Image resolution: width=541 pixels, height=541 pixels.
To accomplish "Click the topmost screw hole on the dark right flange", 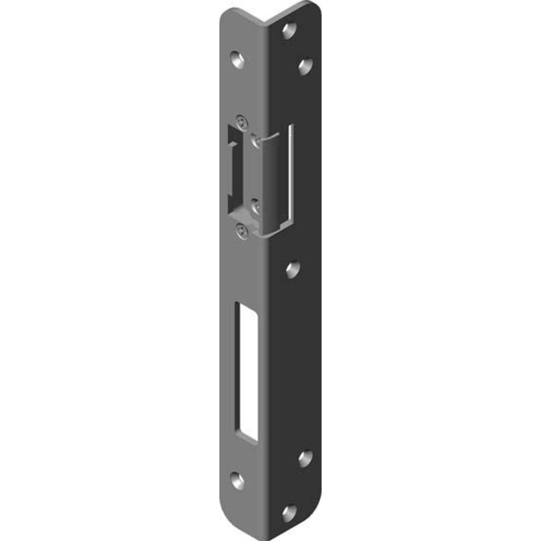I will pyautogui.click(x=289, y=30).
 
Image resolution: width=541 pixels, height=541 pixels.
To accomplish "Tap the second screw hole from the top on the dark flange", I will pyautogui.click(x=306, y=67).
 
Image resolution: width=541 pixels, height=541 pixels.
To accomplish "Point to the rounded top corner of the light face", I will pyautogui.click(x=226, y=14).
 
